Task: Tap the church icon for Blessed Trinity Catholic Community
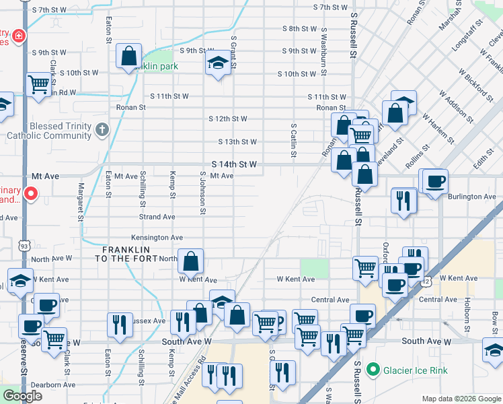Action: (102, 129)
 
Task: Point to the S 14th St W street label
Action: (235, 164)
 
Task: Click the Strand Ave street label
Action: (157, 217)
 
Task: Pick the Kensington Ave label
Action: (157, 238)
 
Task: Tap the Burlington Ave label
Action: (473, 197)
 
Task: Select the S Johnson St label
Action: (202, 192)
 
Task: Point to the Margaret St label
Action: (81, 202)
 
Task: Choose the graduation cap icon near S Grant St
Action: (217, 63)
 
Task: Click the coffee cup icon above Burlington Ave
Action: (434, 180)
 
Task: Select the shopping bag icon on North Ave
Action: (192, 261)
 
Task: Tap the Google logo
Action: (22, 396)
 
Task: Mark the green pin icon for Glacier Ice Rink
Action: (373, 369)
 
